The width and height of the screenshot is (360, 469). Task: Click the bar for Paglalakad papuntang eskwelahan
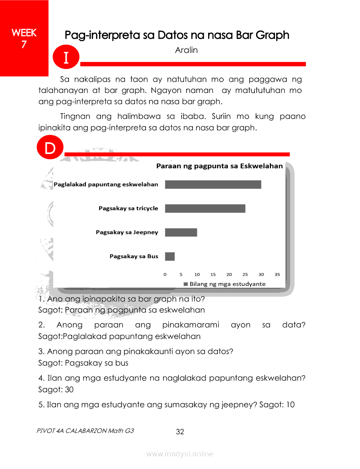[213, 185]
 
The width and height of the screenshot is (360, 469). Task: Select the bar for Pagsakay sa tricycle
[205, 209]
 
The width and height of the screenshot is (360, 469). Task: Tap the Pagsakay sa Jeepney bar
[181, 232]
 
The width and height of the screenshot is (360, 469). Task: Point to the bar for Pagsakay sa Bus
[170, 257]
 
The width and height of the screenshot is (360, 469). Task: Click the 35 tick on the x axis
[277, 274]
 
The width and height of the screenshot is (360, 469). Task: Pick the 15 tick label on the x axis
[213, 274]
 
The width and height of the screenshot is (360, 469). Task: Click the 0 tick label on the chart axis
[165, 274]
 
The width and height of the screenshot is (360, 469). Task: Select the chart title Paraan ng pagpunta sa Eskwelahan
[219, 166]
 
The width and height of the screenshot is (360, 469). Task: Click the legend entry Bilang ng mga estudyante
[224, 284]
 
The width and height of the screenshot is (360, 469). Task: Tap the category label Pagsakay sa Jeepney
[127, 232]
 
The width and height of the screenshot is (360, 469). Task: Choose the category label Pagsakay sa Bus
[134, 257]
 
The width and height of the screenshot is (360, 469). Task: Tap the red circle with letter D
[50, 148]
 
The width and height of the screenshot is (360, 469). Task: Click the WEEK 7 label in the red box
[24, 38]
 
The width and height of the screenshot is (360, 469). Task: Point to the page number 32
[180, 432]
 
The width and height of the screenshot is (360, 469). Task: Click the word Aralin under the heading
[186, 50]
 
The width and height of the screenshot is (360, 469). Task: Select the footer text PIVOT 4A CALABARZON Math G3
[86, 431]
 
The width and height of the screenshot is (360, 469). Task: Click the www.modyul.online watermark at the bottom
[180, 454]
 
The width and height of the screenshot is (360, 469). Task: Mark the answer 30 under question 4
[69, 389]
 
